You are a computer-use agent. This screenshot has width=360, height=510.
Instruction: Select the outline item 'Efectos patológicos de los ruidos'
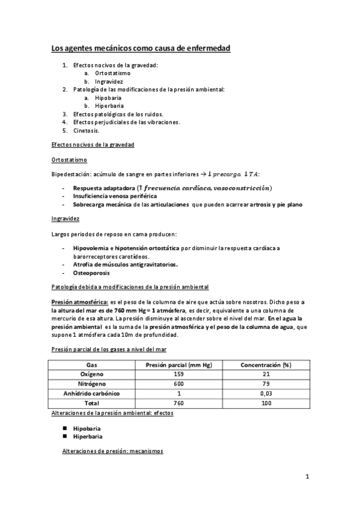coord(118,113)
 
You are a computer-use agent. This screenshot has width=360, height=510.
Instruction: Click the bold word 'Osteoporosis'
coord(91,272)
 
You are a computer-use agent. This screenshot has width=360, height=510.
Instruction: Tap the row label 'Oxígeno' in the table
coord(91,374)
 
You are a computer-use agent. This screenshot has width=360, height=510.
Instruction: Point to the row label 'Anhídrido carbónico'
coord(91,393)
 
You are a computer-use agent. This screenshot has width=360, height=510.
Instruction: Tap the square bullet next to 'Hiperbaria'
coord(64,436)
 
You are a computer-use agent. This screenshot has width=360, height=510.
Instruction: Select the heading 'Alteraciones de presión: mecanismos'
coord(113,451)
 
